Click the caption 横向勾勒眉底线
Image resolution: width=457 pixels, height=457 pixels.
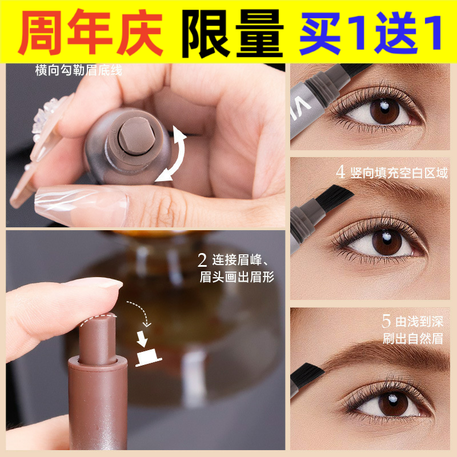78,70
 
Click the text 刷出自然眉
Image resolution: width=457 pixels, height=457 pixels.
413,338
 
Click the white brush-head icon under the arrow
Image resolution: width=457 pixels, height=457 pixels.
148,357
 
